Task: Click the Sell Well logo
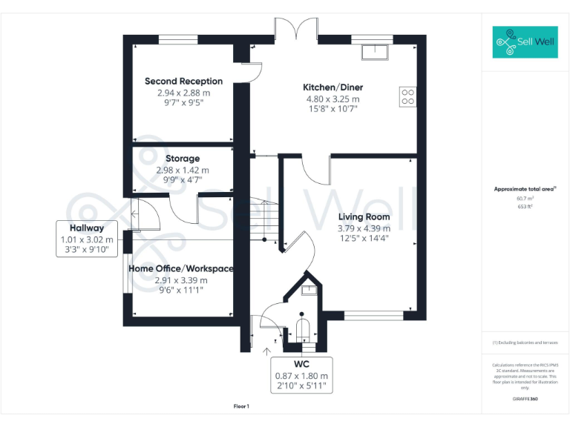pos(524,43)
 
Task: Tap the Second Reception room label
pos(183,82)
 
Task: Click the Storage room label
pos(183,159)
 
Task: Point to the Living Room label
pos(364,217)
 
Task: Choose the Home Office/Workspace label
pos(181,268)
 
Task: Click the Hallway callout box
pos(87,239)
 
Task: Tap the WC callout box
pos(301,375)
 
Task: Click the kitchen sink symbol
pos(376,51)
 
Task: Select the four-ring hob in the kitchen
pos(407,96)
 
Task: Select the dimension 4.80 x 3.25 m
pos(332,99)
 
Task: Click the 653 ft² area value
pos(525,207)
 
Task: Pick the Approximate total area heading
pos(525,189)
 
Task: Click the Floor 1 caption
pos(241,406)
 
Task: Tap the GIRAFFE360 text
pos(525,400)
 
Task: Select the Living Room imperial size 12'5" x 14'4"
pos(364,238)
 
